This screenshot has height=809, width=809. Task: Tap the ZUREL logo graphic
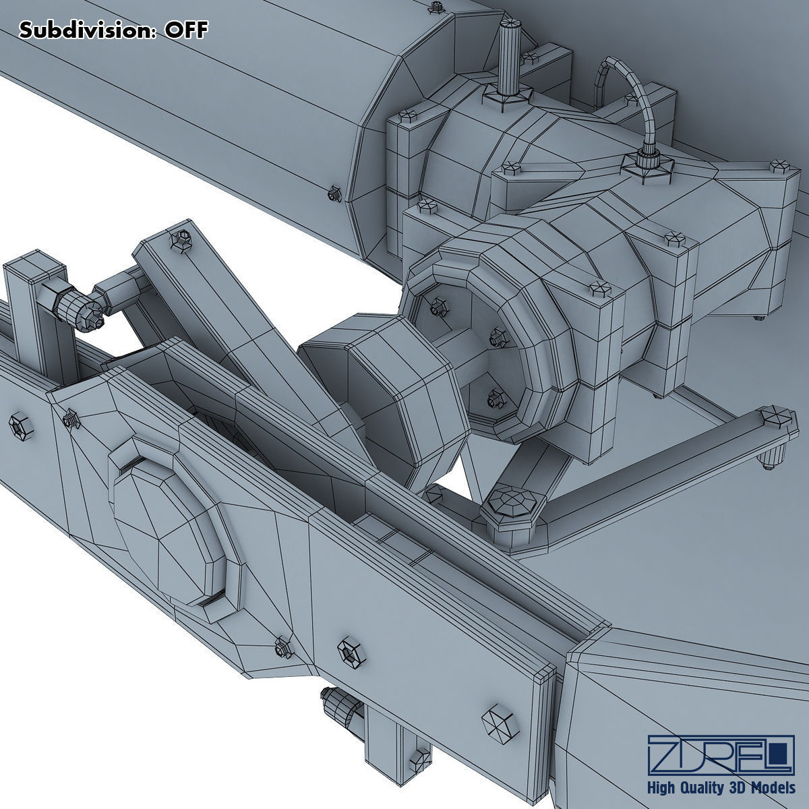tap(720, 755)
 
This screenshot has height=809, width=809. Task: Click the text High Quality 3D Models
tap(720, 788)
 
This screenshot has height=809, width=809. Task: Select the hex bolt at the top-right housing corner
tap(780, 165)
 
